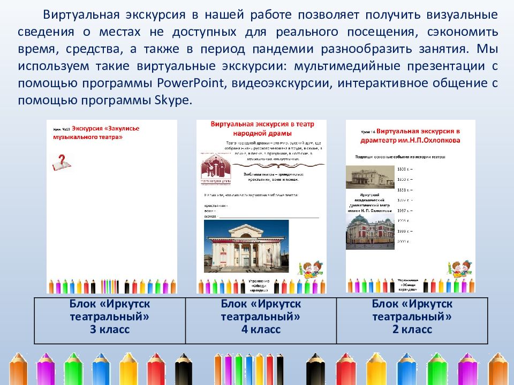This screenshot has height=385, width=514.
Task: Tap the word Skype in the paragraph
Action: click(x=173, y=101)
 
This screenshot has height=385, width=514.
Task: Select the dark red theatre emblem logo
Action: click(x=216, y=167)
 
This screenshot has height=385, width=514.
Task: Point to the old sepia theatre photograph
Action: click(x=367, y=176)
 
